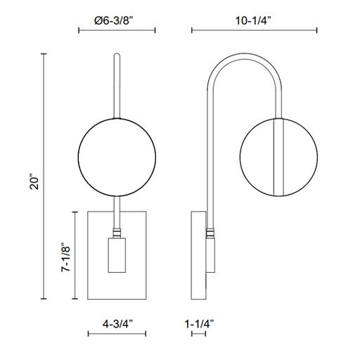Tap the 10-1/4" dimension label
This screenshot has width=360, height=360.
click(253, 21)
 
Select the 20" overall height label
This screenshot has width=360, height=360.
click(34, 181)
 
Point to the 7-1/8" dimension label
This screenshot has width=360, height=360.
click(66, 257)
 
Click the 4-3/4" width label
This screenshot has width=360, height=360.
click(117, 324)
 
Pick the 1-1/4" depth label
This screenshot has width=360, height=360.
click(199, 324)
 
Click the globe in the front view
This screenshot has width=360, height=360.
click(117, 157)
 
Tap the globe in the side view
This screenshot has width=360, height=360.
click(279, 157)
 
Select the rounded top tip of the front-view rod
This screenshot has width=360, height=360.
click(117, 56)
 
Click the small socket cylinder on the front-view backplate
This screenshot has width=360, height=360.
click(117, 255)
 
